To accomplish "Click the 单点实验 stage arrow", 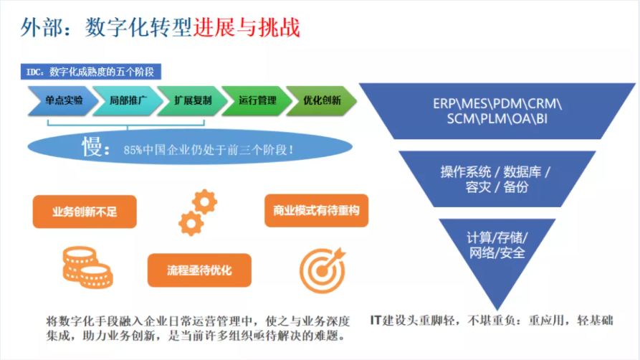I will point(64,100).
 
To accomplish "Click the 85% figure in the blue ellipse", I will point(134,151).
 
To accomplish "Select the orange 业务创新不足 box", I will point(85,211).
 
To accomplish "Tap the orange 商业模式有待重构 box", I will point(316,211).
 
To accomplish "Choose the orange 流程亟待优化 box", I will point(199,270).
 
